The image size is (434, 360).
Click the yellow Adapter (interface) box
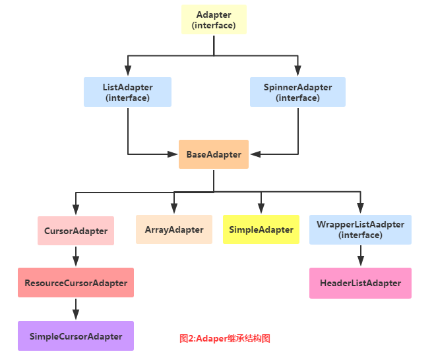point(214,20)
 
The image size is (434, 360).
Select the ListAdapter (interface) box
point(127,92)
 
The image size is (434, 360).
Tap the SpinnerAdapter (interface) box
point(297,92)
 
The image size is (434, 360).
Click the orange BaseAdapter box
point(214,154)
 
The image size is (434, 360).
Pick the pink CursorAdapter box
point(76,230)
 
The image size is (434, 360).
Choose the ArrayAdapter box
point(174,229)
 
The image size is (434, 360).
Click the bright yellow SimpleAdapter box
point(261,229)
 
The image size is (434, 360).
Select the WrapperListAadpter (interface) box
point(360,229)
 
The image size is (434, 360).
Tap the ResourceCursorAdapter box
point(76,283)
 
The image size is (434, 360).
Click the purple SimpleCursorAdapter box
point(76,336)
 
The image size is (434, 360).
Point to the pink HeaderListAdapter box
point(360,283)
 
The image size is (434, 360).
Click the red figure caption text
point(225,338)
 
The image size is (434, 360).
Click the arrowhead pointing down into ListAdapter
point(127,73)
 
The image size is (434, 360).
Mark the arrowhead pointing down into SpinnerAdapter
point(297,73)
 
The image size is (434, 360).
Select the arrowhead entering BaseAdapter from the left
point(173,154)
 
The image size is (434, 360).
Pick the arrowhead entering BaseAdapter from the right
point(255,154)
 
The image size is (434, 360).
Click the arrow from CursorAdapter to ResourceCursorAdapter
point(76,256)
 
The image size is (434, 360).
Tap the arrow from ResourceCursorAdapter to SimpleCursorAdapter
point(76,309)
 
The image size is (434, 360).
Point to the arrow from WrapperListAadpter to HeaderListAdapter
point(360,256)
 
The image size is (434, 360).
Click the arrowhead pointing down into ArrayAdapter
point(174,210)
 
